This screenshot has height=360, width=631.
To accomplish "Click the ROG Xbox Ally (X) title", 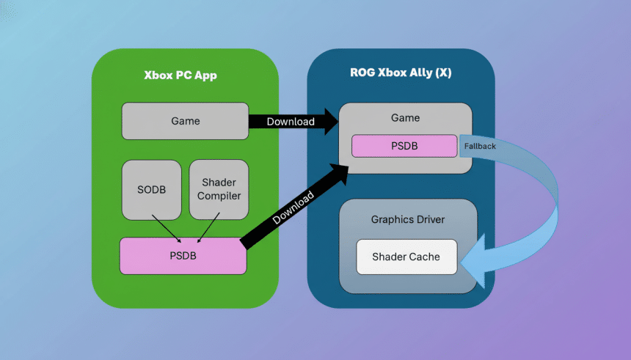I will click(x=401, y=73).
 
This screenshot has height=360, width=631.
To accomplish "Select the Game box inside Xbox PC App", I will click(x=185, y=121).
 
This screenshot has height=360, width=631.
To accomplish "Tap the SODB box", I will click(x=151, y=189).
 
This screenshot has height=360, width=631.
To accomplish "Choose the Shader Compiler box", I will click(x=219, y=189).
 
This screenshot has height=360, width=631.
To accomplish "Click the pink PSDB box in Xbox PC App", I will click(x=183, y=256).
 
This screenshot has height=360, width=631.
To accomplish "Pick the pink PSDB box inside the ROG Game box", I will click(x=404, y=146).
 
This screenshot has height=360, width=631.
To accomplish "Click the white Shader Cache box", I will click(x=406, y=257).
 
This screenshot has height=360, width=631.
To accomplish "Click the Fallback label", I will click(x=480, y=147).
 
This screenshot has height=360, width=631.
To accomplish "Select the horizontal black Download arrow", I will click(x=290, y=121).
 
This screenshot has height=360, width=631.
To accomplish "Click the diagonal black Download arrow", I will click(x=293, y=209).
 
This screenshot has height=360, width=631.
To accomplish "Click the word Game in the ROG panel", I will click(x=405, y=117).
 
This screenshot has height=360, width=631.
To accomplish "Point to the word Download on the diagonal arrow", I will click(x=293, y=207).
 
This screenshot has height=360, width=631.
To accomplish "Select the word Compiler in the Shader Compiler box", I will click(x=219, y=196).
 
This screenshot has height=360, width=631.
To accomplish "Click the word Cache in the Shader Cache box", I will click(x=425, y=257).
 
